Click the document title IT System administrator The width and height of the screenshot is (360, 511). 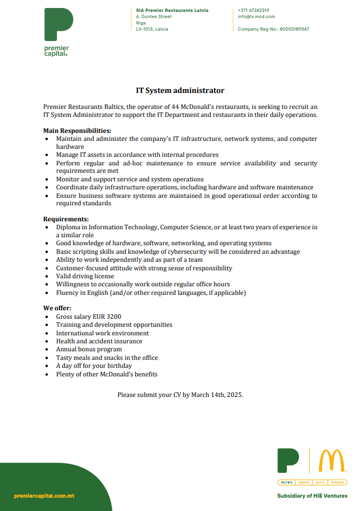180,91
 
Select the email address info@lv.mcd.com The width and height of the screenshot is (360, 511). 256,17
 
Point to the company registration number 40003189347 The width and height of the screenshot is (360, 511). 294,29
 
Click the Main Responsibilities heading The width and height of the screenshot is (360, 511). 77,131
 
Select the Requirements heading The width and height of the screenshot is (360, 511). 66,219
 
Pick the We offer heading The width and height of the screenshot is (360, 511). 57,308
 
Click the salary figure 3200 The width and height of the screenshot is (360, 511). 112,317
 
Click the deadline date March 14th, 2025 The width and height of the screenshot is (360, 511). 217,395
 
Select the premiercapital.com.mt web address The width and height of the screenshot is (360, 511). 45,496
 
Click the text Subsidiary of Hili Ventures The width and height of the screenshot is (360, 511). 312,496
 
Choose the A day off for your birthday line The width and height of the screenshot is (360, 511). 94,366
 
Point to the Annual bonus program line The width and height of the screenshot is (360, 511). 88,349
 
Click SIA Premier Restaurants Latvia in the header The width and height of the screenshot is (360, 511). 172,10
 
